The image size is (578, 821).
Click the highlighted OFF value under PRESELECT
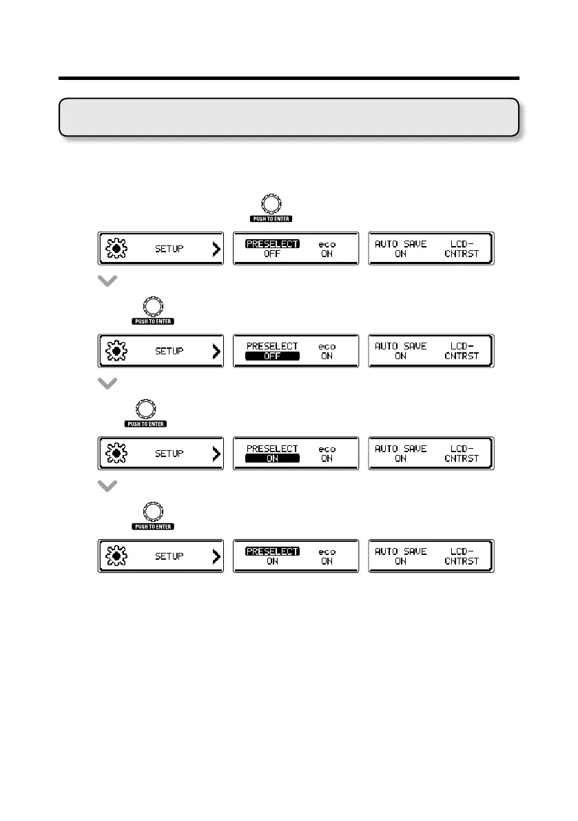(x=273, y=356)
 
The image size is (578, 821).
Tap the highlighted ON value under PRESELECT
(x=273, y=458)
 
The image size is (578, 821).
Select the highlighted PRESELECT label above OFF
(x=273, y=243)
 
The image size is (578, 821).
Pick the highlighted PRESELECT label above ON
(x=273, y=551)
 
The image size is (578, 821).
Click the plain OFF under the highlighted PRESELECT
(x=273, y=254)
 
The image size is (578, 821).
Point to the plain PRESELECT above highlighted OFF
(x=273, y=346)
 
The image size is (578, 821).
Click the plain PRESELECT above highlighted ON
(x=273, y=448)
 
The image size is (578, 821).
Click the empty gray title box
(x=289, y=116)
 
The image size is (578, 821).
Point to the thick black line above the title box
(x=289, y=79)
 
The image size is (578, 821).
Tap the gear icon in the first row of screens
(x=116, y=249)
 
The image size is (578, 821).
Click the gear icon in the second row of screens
(x=116, y=351)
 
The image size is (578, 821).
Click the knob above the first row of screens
(x=271, y=203)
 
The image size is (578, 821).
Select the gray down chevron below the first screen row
(x=108, y=282)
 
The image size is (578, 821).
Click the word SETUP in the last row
(x=169, y=556)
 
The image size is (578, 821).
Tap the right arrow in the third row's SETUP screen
(x=216, y=454)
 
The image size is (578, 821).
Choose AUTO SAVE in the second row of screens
(x=400, y=346)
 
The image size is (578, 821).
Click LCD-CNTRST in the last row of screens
(x=462, y=556)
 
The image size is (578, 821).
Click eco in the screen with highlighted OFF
(x=327, y=346)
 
